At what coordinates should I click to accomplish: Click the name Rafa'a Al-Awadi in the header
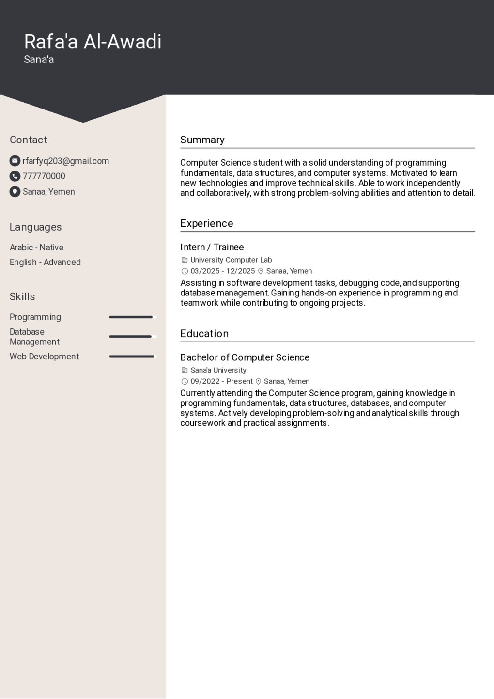(93, 42)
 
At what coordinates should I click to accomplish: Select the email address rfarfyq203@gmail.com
(66, 161)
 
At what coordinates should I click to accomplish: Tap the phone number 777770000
(44, 176)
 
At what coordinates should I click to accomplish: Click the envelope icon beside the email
(15, 161)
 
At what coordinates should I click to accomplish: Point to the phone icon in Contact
(15, 176)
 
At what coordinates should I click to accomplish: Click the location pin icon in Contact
(15, 192)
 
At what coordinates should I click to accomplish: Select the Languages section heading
(35, 227)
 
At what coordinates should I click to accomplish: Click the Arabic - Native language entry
(36, 247)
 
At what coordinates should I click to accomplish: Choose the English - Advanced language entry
(45, 262)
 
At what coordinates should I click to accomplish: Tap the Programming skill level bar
(132, 317)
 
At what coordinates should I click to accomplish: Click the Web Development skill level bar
(132, 357)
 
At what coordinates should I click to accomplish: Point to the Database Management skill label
(34, 337)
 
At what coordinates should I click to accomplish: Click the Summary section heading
(202, 140)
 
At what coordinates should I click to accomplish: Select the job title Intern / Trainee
(212, 247)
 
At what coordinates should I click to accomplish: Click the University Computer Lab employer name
(231, 260)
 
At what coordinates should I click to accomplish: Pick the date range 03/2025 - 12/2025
(222, 271)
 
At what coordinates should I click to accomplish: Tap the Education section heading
(204, 334)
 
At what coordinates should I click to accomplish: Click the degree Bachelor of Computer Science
(245, 357)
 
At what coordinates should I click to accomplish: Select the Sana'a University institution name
(218, 370)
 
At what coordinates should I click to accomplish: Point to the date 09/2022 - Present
(221, 381)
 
